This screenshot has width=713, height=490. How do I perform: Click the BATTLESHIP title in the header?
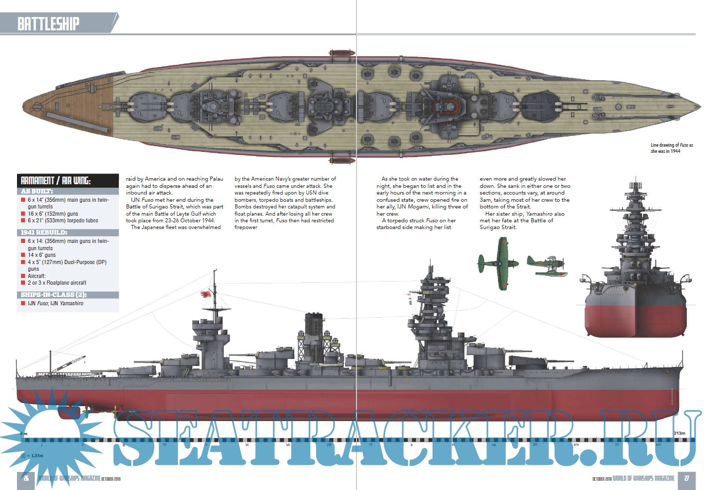coord(48,24)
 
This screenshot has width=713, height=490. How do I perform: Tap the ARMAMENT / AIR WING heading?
coord(56,181)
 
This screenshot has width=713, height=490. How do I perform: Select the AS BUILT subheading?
coord(37,191)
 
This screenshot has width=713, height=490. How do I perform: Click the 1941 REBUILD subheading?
coord(44,233)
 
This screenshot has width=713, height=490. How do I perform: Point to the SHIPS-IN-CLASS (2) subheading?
coord(54,295)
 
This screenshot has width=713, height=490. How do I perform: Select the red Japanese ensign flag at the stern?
coord(206,295)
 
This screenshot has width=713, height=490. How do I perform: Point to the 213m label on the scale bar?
coord(679,433)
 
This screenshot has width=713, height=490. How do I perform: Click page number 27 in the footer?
coord(686,478)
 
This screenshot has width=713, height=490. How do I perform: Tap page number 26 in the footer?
coord(26,478)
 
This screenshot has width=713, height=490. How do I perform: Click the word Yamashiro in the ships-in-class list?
coord(72,304)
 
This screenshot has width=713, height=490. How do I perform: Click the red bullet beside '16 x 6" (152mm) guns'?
coord(23,214)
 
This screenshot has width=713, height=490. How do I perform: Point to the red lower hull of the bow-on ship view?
coord(635,319)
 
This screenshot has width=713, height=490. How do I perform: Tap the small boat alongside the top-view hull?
coord(338,53)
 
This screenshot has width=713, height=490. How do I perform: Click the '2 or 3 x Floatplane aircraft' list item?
coord(57,283)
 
